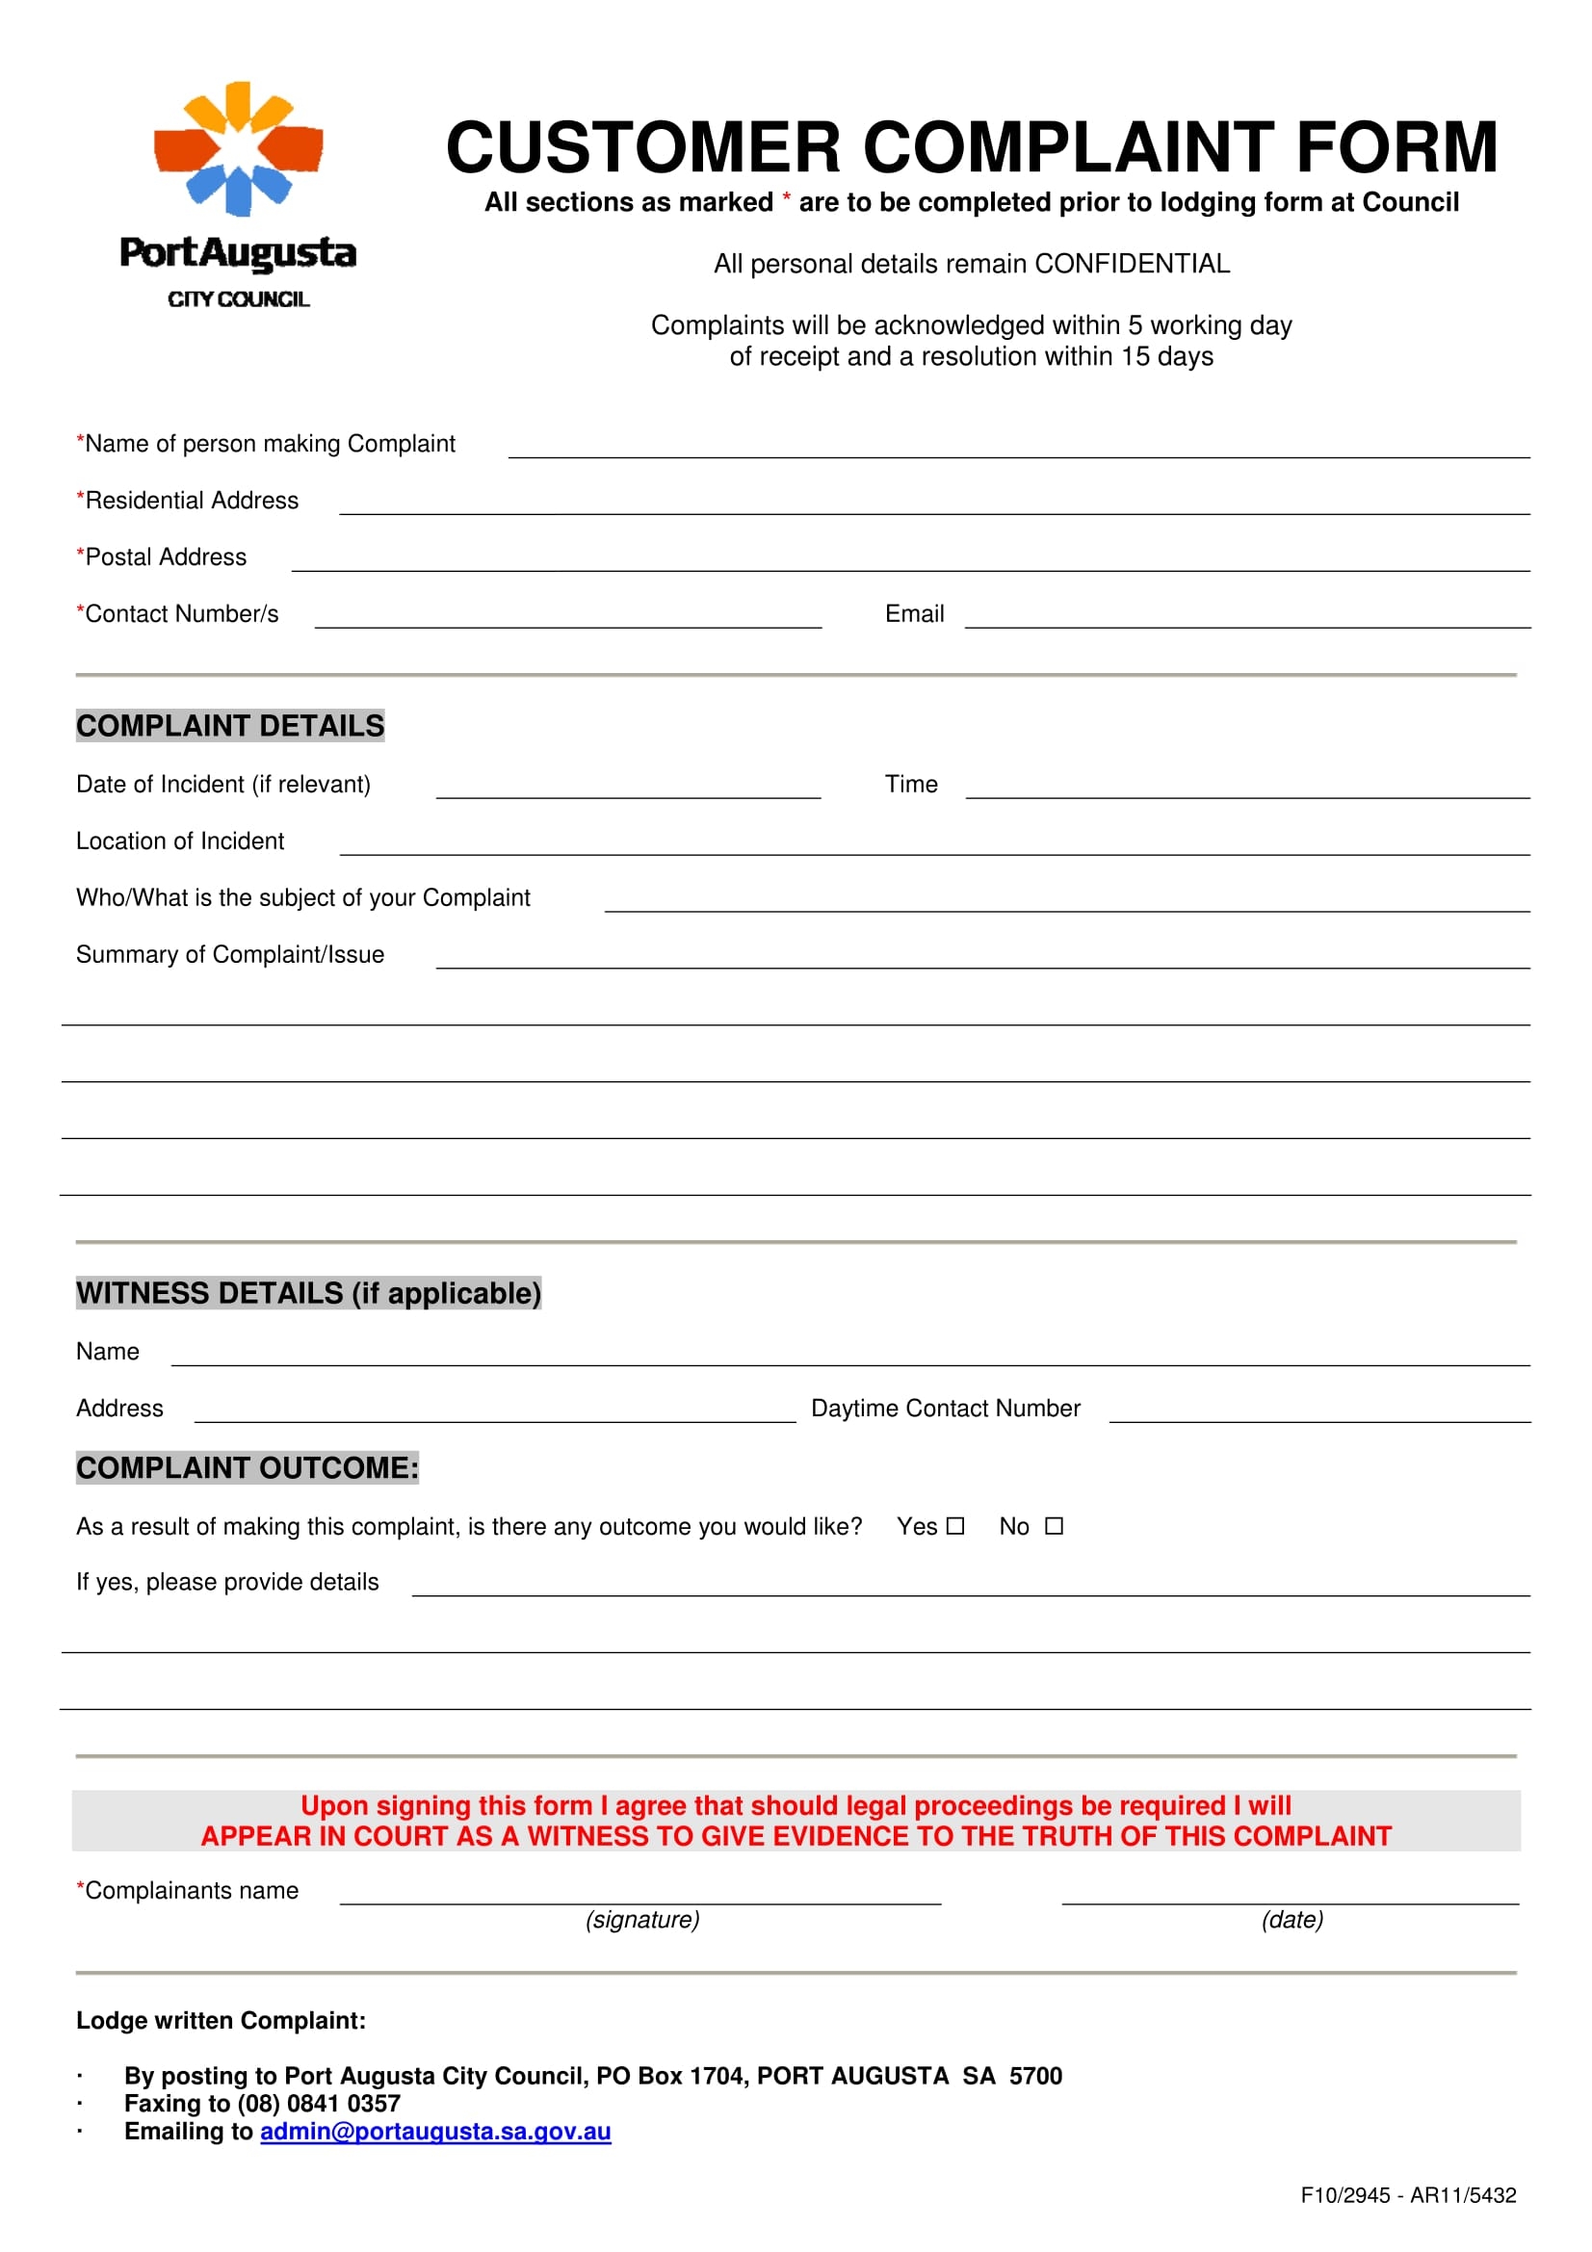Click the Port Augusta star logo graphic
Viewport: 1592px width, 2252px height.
(238, 149)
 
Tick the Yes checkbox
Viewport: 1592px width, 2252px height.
(955, 1526)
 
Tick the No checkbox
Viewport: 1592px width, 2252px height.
(1054, 1526)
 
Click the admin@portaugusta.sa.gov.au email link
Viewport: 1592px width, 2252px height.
(435, 2132)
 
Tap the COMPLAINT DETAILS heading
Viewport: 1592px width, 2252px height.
(230, 726)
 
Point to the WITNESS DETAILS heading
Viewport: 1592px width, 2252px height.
(308, 1293)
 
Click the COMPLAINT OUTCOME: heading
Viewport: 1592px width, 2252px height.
(248, 1467)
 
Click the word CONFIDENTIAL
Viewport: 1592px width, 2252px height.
(1131, 264)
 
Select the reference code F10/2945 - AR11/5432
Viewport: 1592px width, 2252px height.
(1408, 2195)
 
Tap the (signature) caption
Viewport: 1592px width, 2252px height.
(642, 1920)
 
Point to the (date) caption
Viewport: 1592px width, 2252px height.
(1292, 1920)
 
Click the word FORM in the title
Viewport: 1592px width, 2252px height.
(1396, 148)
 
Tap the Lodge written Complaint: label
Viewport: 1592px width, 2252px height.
(221, 2021)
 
